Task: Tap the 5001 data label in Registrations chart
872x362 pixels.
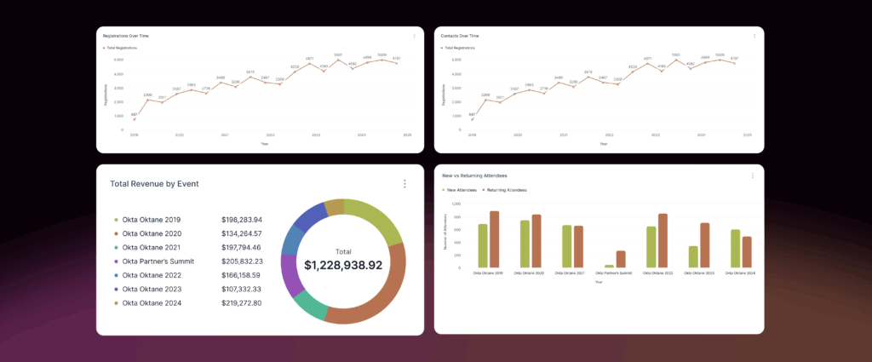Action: coord(338,55)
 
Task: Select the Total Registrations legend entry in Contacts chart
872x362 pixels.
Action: coord(460,48)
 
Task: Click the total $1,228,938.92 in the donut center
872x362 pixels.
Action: coord(343,265)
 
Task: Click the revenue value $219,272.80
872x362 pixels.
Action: coord(242,303)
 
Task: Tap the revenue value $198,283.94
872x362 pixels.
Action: coord(242,220)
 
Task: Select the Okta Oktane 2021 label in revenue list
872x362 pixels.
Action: coord(152,247)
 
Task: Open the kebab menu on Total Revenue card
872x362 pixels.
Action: coord(404,184)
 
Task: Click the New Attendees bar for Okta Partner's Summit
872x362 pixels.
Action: coord(609,266)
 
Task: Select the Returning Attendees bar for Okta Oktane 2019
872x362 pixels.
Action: coord(494,239)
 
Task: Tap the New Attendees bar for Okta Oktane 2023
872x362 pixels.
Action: coord(693,256)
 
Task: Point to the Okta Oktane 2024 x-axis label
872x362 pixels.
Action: coord(740,273)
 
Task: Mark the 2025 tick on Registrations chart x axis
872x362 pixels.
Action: coord(407,135)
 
